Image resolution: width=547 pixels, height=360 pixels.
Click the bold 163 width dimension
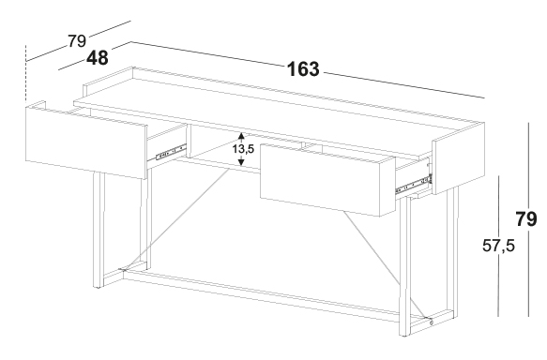coord(303,69)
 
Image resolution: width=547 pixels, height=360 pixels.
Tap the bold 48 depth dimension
coord(98,57)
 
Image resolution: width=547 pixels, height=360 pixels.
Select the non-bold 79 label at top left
coord(77,41)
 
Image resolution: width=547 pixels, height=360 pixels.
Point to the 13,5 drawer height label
coord(244,149)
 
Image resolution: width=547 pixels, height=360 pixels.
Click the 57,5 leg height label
coord(498,246)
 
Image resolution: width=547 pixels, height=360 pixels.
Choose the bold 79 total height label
coord(526,219)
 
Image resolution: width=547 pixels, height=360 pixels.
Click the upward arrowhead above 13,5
coord(241,136)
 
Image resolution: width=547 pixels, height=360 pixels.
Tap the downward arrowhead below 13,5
coord(241,161)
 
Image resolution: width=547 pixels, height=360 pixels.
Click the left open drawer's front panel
coord(86,142)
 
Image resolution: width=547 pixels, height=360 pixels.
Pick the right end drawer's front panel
coord(459,158)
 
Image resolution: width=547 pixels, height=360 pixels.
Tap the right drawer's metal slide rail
coord(414,186)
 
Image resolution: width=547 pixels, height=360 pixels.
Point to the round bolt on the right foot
coord(432,322)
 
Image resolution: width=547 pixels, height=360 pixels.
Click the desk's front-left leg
coord(99,230)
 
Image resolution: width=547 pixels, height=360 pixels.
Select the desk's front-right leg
coord(404,266)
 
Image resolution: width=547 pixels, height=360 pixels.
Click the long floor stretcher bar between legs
coord(262,296)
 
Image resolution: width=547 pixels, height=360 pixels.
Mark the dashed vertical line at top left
coord(26,73)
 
